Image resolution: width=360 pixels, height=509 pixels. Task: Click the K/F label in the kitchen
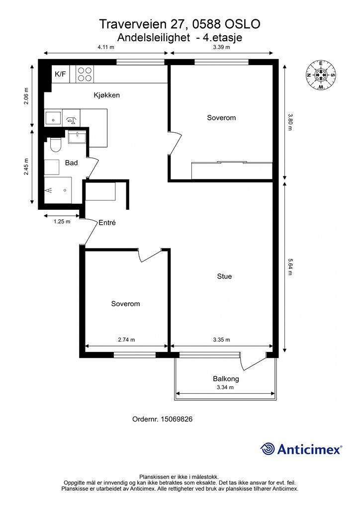[x=60, y=74]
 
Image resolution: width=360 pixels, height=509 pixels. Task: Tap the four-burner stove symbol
[x=85, y=74]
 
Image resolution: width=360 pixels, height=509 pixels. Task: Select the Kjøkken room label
[x=107, y=95]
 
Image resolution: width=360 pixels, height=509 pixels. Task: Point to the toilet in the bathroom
[x=56, y=145]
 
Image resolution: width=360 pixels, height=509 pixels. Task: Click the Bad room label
[x=72, y=163]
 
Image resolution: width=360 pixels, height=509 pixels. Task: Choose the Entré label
[x=107, y=223]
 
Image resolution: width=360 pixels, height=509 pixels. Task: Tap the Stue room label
[x=224, y=276]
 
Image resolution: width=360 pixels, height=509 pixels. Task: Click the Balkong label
[x=226, y=378]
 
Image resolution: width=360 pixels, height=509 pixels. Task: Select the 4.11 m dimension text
[x=106, y=47]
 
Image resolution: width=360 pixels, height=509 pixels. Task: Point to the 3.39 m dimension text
[x=221, y=47]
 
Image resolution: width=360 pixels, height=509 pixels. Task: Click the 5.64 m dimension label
[x=290, y=267]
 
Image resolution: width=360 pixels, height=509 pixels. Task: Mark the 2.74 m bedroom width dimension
[x=126, y=340]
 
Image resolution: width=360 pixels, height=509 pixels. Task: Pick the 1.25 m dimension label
[x=62, y=222]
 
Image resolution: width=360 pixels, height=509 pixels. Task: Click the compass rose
[x=321, y=75]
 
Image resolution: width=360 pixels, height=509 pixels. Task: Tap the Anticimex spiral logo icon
[x=268, y=449]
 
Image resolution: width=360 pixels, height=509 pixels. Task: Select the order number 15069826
[x=177, y=419]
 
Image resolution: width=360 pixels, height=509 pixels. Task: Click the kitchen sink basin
[x=53, y=118]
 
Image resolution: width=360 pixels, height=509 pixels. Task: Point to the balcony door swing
[x=254, y=361]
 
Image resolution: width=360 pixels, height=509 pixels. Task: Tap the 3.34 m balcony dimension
[x=225, y=387]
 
